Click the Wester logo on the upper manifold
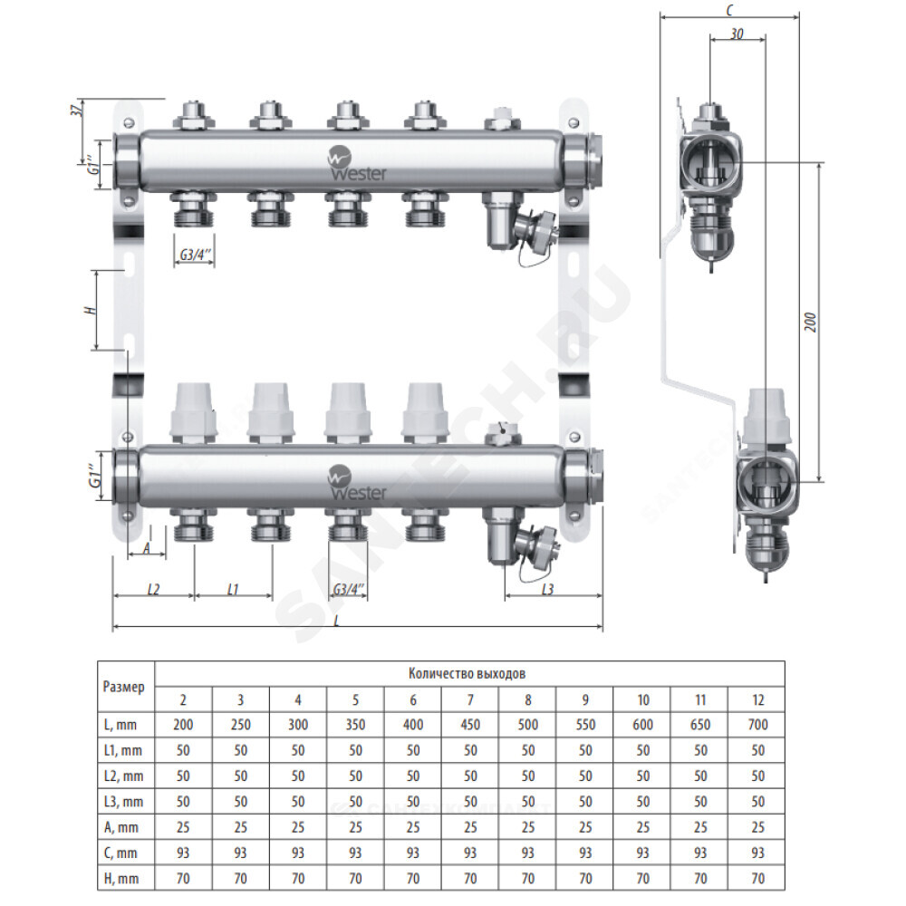point(356,164)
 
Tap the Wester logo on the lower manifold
point(356,484)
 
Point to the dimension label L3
point(548,590)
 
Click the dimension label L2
point(153,590)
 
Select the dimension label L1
point(232,590)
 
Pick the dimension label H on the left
point(90,310)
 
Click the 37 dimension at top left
point(77,109)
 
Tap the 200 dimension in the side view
point(811,323)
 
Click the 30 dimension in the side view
point(737,34)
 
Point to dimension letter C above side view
point(729,10)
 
